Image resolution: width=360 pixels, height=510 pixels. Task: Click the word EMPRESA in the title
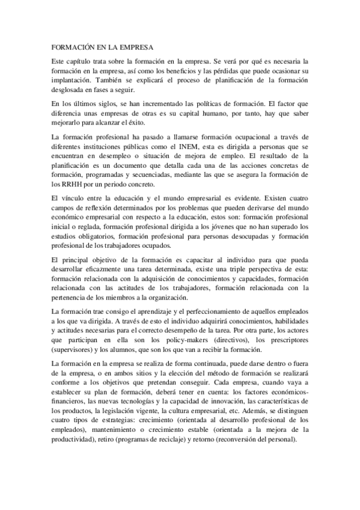[132, 47]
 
